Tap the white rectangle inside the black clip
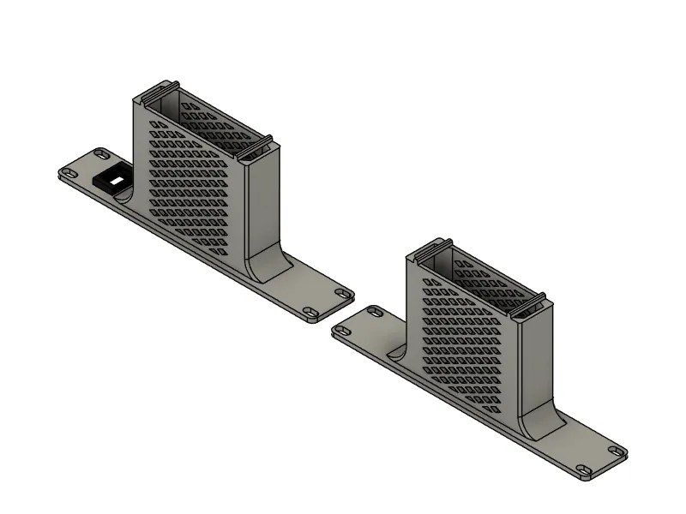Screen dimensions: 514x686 (x=112, y=180)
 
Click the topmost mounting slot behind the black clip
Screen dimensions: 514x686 (x=101, y=152)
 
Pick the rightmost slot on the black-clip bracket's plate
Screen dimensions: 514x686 (x=343, y=293)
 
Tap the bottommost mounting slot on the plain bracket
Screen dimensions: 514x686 (x=584, y=469)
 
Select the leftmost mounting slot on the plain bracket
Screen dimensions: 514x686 (x=340, y=328)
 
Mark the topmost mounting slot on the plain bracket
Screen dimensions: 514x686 (x=374, y=309)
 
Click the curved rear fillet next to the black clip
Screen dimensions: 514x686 (x=126, y=195)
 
